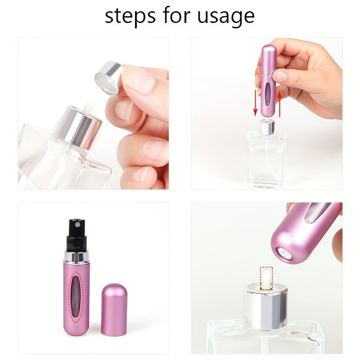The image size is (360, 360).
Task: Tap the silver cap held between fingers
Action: pos(109,77)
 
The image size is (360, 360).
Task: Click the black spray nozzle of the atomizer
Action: pos(77,234)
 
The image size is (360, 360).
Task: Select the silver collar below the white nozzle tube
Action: pos(266,306)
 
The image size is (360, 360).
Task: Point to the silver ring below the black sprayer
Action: pos(77,256)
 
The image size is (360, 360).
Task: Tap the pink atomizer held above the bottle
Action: pos(269,81)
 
